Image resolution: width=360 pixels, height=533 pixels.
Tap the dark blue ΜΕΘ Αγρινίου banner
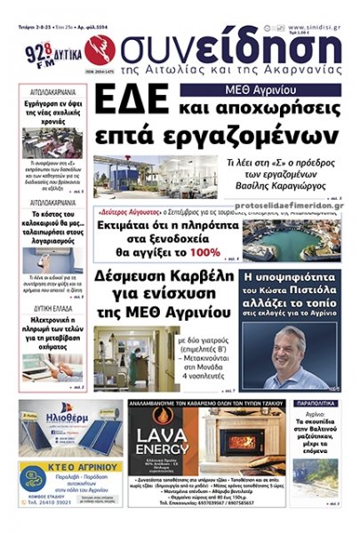pyautogui.click(x=260, y=90)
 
